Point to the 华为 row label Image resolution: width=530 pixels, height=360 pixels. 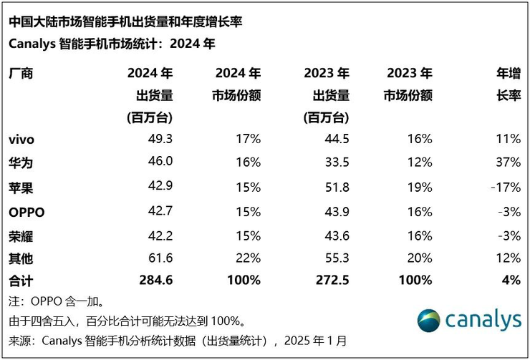coord(21,162)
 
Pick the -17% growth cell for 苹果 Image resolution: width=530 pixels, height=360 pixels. coord(505,186)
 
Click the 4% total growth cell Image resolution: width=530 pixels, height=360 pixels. coord(511,281)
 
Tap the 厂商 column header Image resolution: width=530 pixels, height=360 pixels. coord(21,74)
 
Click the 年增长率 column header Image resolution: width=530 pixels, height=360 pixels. coord(508,84)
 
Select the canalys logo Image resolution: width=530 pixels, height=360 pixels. coord(469,320)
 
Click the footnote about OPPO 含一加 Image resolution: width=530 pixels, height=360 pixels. coord(57,301)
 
